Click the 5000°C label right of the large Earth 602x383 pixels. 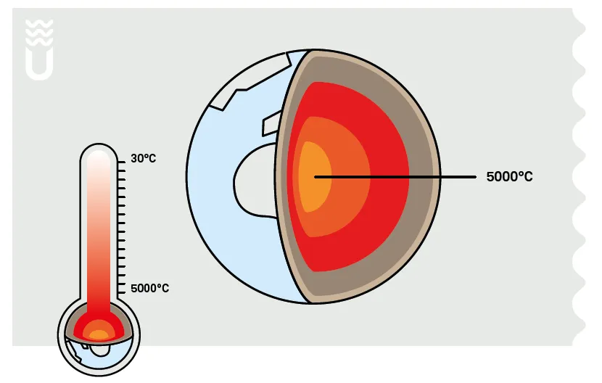[509, 176]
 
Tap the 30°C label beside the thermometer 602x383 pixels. [143, 157]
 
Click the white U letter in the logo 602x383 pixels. [38, 63]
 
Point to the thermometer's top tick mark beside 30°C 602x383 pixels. [122, 158]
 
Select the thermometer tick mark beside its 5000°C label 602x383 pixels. [122, 288]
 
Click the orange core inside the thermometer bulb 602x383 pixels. [98, 335]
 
